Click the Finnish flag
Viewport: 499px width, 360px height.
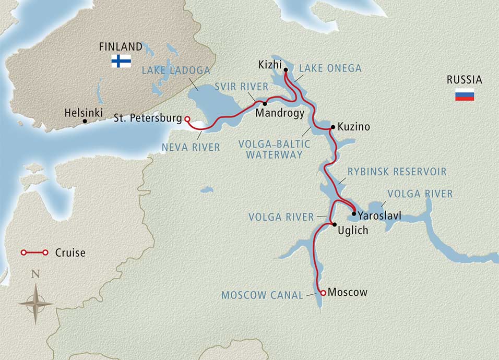(121, 61)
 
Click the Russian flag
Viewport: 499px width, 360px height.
(465, 94)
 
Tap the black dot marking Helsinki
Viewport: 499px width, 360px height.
(85, 121)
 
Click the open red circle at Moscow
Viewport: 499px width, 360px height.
(323, 293)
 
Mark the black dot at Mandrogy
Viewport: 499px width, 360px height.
(265, 104)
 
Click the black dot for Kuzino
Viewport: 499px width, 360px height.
(331, 127)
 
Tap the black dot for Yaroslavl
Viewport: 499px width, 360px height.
(354, 213)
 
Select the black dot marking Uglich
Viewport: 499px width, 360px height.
(334, 224)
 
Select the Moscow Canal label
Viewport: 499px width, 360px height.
(262, 295)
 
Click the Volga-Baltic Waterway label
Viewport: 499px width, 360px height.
(274, 149)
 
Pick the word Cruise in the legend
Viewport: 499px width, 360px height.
(70, 253)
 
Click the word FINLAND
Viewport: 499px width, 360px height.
(121, 47)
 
